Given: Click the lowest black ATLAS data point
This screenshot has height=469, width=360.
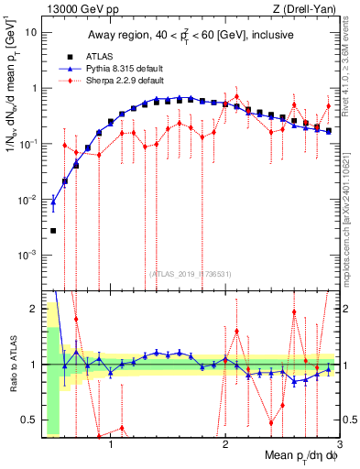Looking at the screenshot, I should click(53, 231).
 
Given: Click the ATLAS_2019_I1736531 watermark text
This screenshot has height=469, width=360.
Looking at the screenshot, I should click(191, 273).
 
